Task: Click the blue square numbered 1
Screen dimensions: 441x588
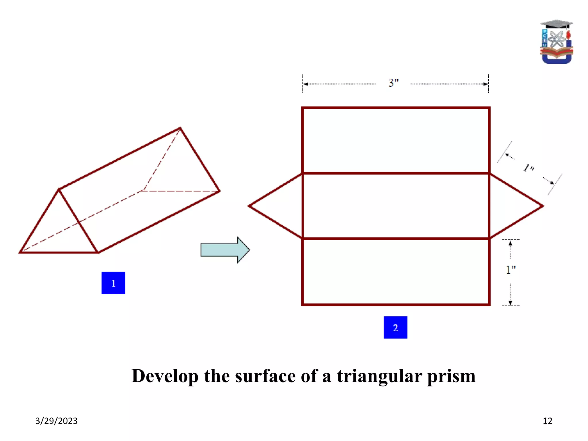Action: [113, 283]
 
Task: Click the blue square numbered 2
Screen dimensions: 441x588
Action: [395, 327]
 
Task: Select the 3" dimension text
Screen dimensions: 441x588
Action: [394, 83]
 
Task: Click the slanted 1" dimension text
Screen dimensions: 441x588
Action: [529, 168]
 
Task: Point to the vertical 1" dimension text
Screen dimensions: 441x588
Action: [510, 270]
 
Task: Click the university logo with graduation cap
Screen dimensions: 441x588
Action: [556, 42]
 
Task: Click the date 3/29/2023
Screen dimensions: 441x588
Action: [56, 421]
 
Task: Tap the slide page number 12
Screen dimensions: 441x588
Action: [548, 421]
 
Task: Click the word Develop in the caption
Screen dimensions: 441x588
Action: [165, 376]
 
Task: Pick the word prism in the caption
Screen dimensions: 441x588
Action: [451, 376]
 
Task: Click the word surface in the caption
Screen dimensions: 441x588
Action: [265, 376]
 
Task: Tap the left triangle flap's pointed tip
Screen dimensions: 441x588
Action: [249, 206]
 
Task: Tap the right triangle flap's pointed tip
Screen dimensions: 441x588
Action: [543, 206]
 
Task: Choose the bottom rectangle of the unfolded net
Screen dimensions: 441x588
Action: [396, 272]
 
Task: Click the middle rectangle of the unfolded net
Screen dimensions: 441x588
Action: [396, 206]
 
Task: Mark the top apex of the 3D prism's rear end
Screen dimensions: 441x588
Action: [180, 128]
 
